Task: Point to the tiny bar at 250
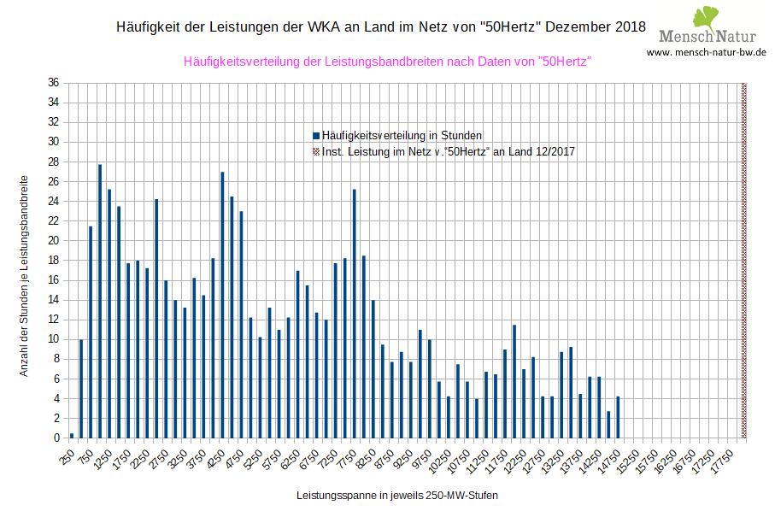pyautogui.click(x=72, y=436)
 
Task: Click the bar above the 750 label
pyautogui.click(x=91, y=332)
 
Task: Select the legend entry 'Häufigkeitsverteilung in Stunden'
pyautogui.click(x=398, y=135)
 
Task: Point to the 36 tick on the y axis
pyautogui.click(x=53, y=83)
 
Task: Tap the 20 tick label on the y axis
pyautogui.click(x=53, y=241)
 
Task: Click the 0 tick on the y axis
pyautogui.click(x=56, y=438)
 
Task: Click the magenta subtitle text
pyautogui.click(x=388, y=62)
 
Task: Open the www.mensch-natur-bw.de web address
pyautogui.click(x=706, y=52)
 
